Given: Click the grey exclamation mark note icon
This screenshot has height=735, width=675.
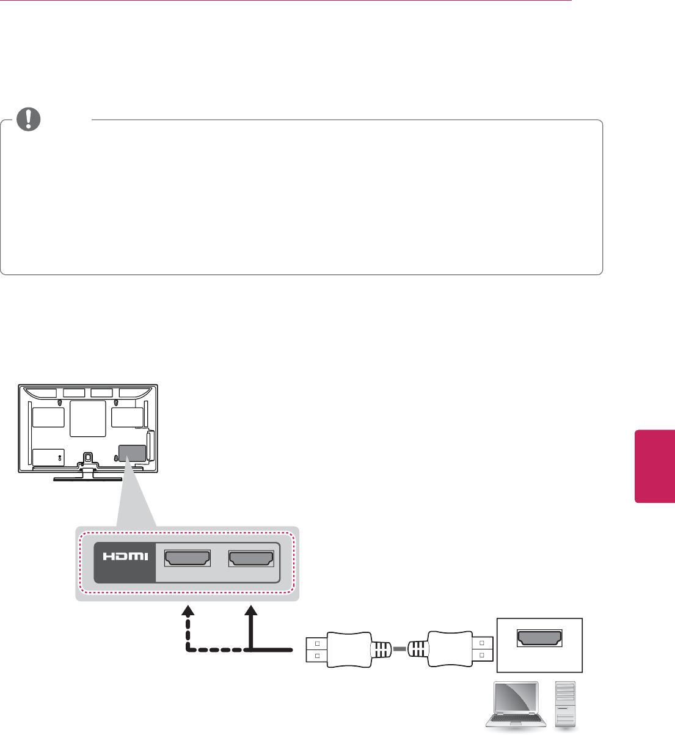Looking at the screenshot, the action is pos(28,119).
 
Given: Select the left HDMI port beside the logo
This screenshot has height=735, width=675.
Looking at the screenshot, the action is pos(188,559).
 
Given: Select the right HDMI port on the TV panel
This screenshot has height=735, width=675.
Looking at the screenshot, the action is pos(251,559).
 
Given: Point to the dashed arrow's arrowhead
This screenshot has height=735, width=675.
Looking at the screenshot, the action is pos(188,611).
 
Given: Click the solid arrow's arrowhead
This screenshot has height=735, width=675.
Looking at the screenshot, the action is pos(251,611).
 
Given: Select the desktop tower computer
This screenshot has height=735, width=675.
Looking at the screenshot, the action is pos(565,703).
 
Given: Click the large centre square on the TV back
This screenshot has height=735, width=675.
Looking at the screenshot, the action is pos(87,419).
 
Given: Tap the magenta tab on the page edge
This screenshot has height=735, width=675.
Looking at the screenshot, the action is pos(654,466).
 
